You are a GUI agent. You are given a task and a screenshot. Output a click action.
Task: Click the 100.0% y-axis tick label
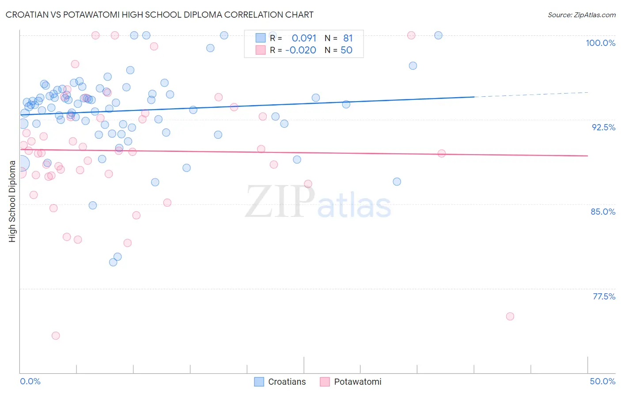click(600, 43)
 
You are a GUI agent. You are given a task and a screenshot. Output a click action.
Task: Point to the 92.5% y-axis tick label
click(603, 127)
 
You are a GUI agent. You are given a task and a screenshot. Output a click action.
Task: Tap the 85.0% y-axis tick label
click(603, 212)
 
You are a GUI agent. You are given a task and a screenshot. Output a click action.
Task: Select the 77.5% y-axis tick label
click(604, 296)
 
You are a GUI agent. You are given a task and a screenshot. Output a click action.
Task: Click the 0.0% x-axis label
click(30, 381)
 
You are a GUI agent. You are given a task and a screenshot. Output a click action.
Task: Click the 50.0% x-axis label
click(602, 381)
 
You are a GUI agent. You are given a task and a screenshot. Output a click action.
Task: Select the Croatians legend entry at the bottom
click(280, 382)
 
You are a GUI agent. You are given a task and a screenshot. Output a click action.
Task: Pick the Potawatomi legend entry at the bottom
click(351, 382)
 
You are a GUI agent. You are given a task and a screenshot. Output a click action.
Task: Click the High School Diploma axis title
click(12, 201)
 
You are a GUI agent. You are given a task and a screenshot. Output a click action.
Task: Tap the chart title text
click(159, 15)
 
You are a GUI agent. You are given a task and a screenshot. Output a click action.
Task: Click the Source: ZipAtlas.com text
click(581, 15)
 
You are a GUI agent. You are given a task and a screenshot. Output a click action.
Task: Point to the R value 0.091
click(304, 38)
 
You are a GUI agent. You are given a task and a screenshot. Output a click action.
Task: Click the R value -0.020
click(300, 50)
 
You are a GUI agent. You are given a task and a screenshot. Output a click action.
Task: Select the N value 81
click(348, 38)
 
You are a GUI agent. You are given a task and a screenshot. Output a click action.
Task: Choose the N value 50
click(346, 50)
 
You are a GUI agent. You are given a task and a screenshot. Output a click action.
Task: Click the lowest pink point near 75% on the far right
click(510, 316)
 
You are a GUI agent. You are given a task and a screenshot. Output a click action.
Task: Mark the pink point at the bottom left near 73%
click(56, 336)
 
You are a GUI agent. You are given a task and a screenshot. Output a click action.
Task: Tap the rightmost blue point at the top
click(438, 35)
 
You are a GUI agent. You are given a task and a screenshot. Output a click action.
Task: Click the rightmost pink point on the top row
click(411, 35)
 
